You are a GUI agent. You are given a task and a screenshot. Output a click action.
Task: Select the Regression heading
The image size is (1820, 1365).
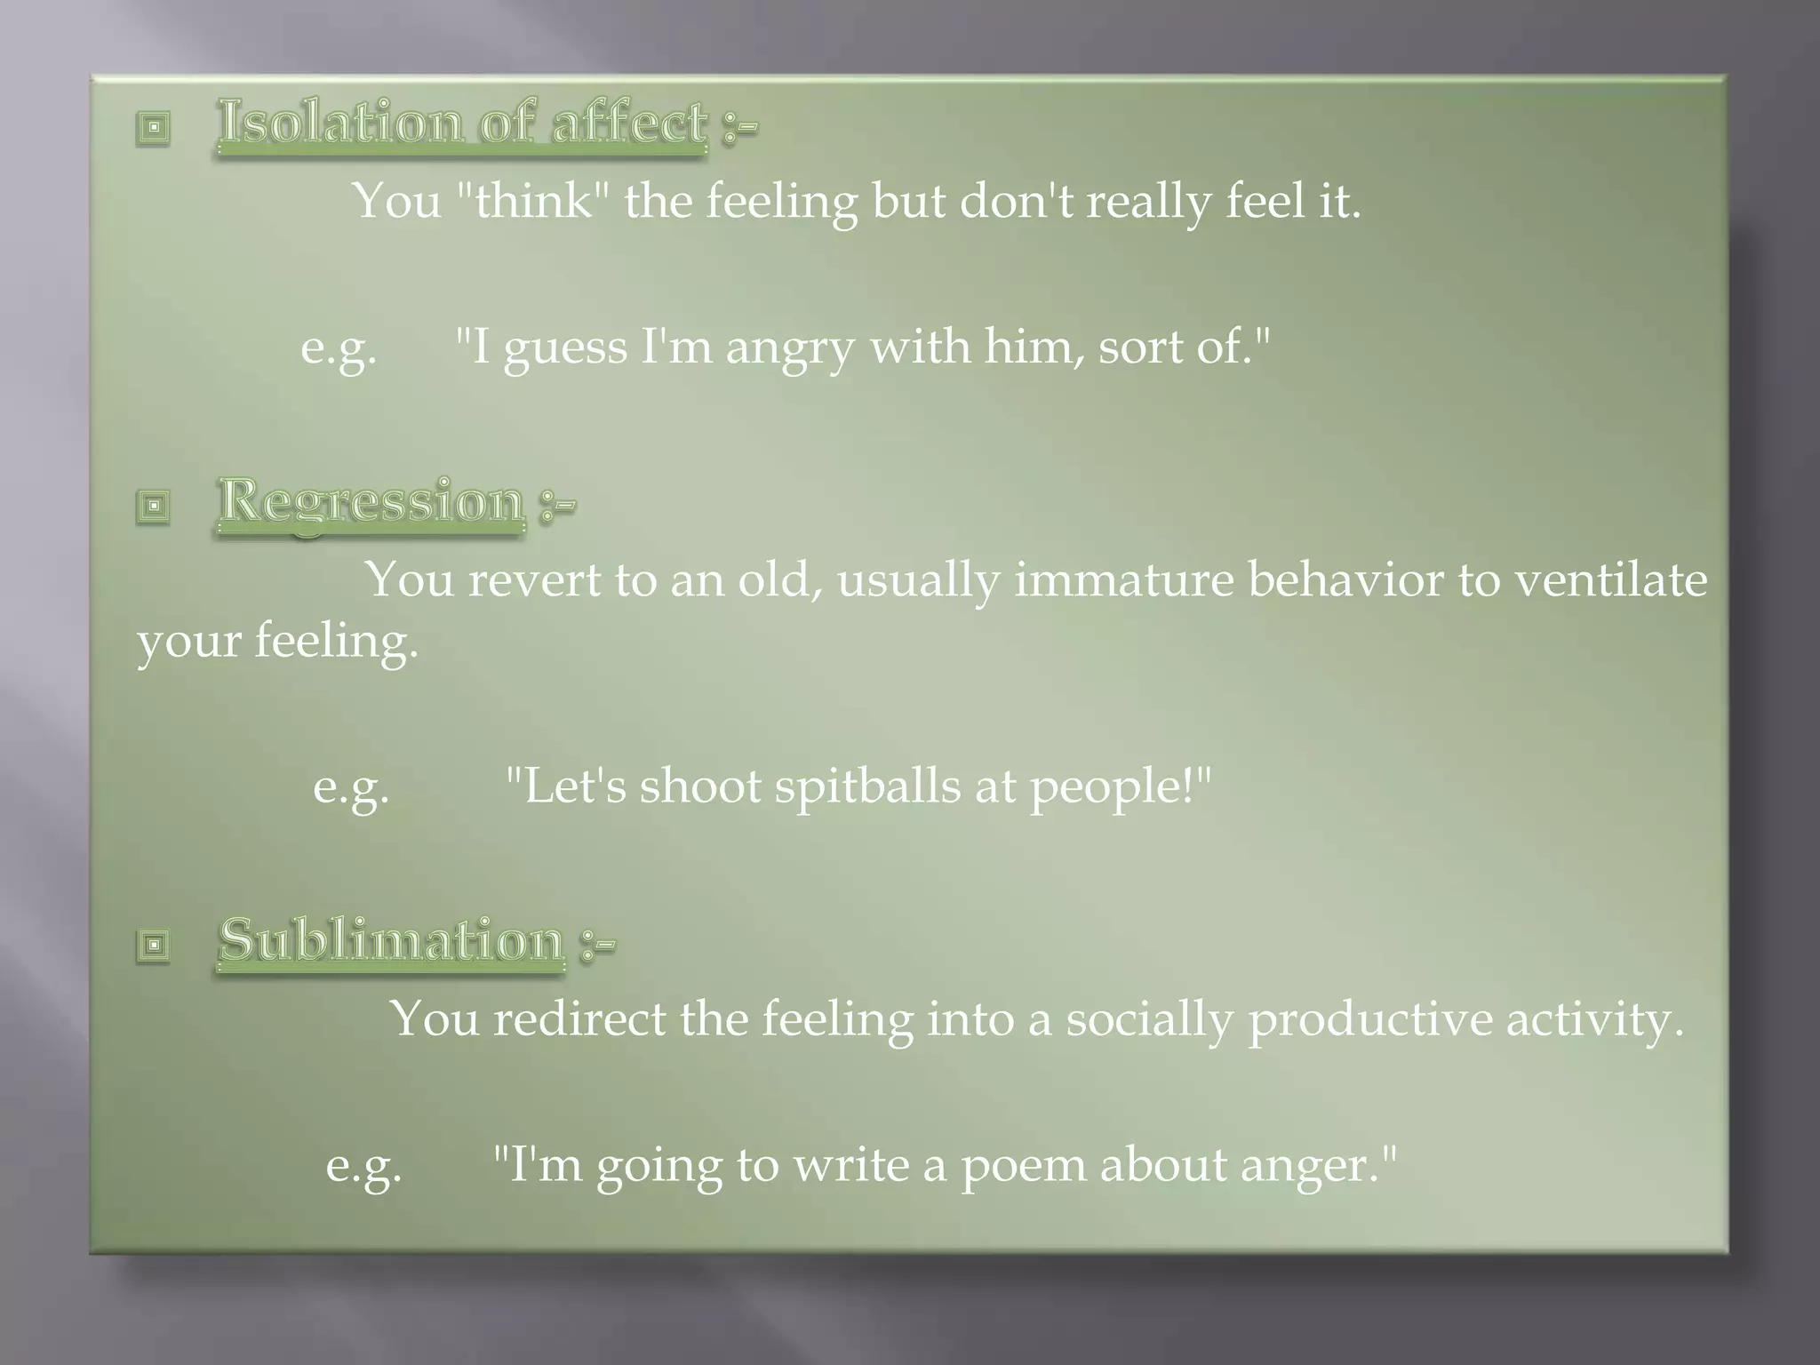click(x=371, y=501)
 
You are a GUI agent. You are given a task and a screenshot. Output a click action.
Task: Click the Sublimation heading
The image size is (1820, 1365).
click(x=391, y=940)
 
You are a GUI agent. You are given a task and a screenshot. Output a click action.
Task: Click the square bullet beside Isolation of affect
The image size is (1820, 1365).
click(x=154, y=128)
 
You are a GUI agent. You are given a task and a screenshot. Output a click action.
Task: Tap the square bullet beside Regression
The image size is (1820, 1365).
click(x=154, y=507)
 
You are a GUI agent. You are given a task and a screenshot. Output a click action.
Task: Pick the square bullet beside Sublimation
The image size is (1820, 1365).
click(x=154, y=945)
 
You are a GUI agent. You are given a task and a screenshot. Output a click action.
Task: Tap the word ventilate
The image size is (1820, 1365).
click(x=1610, y=579)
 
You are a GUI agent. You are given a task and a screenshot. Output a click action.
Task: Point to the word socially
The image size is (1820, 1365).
click(x=1149, y=1019)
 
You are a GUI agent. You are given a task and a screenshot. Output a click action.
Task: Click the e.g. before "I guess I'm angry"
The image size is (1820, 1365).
click(x=339, y=347)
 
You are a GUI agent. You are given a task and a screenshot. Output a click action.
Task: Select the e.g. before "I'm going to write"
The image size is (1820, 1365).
click(x=363, y=1165)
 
